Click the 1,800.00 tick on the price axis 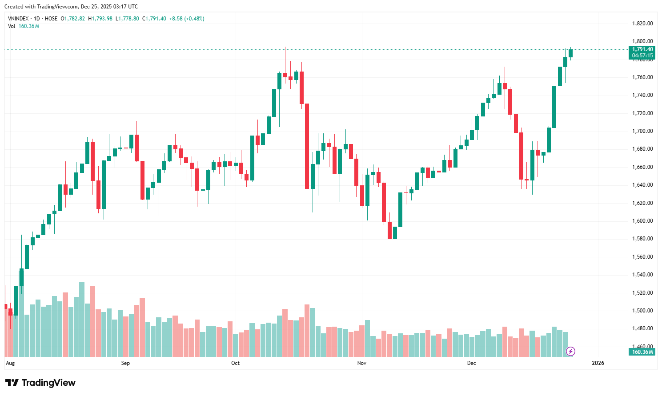point(642,41)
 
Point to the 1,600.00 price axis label point(642,221)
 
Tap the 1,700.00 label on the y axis point(642,131)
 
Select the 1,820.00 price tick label point(642,24)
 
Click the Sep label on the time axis point(125,363)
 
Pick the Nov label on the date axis point(362,363)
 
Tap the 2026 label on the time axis point(598,363)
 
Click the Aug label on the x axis point(10,363)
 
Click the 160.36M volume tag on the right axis point(642,352)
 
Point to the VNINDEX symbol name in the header point(18,19)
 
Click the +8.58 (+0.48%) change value point(187,19)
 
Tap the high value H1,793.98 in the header point(100,19)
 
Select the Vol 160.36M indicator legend point(24,26)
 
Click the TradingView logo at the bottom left point(40,383)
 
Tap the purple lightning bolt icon point(570,352)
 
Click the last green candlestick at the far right point(570,53)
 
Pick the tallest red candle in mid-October point(307,146)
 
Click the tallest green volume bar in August point(82,319)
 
